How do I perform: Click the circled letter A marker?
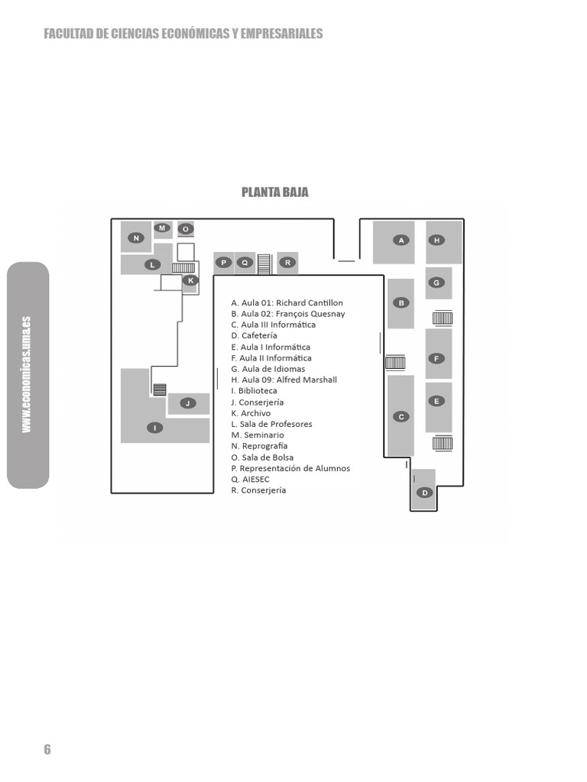click(x=401, y=241)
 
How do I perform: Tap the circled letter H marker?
click(x=436, y=241)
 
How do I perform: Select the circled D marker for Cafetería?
click(x=425, y=493)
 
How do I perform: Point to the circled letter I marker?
click(x=155, y=428)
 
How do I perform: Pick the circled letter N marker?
click(x=136, y=238)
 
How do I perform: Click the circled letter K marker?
click(x=190, y=280)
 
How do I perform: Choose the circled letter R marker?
click(x=287, y=263)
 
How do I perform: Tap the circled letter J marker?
click(x=188, y=403)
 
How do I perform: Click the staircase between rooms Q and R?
click(x=264, y=264)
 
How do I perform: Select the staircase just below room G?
click(x=443, y=318)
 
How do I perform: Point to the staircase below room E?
click(x=443, y=443)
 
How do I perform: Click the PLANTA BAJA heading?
click(x=275, y=192)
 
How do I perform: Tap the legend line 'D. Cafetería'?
click(x=254, y=336)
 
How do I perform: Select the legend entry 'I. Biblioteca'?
click(x=254, y=391)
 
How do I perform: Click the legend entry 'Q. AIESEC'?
click(x=250, y=480)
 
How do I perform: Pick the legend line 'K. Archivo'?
click(x=251, y=413)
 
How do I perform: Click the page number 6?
click(x=47, y=749)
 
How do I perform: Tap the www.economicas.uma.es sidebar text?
click(x=27, y=374)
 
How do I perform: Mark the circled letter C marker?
click(x=401, y=416)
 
